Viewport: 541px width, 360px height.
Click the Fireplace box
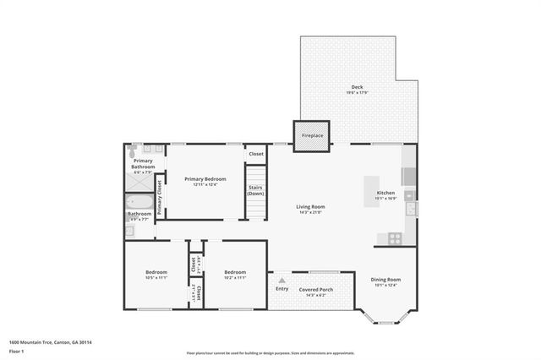click(x=312, y=134)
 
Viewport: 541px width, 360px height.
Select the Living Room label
click(x=311, y=208)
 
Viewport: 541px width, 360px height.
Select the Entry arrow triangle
click(x=281, y=280)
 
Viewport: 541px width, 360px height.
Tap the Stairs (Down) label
click(x=256, y=192)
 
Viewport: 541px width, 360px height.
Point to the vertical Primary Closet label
click(x=159, y=197)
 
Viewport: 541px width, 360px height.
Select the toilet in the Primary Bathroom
click(x=132, y=155)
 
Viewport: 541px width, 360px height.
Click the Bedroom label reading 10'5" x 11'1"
click(x=156, y=274)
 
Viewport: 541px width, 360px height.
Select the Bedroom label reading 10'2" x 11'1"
click(x=234, y=274)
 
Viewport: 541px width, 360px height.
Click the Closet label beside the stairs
click(x=255, y=154)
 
